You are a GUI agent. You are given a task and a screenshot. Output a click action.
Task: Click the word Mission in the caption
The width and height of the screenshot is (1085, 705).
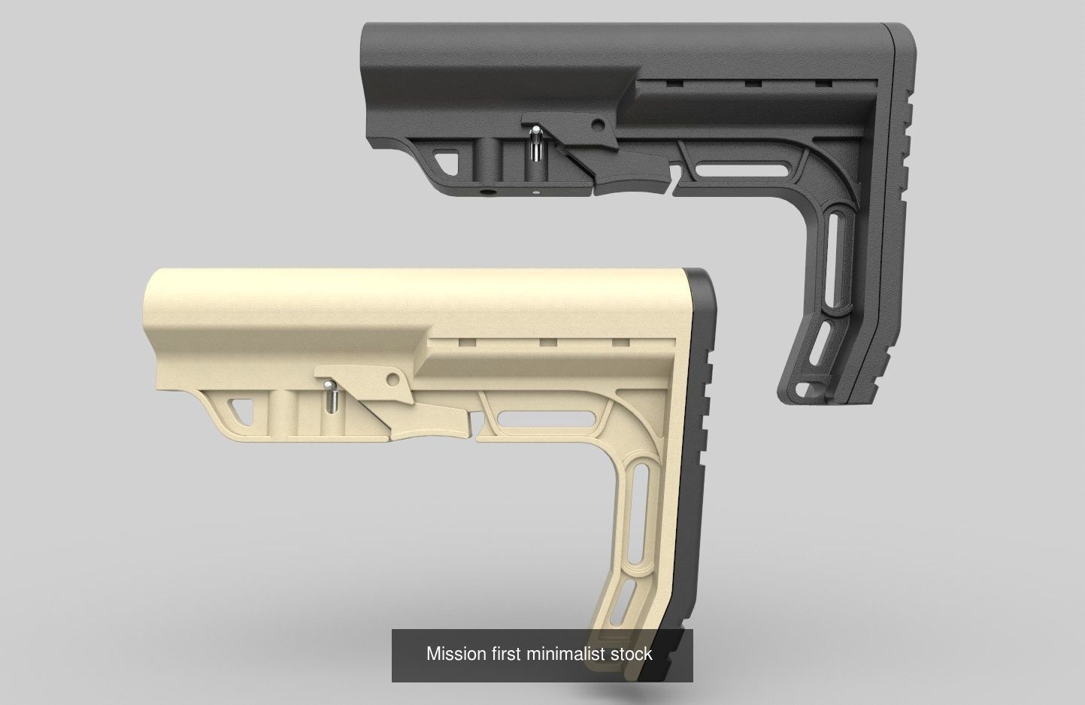(x=456, y=653)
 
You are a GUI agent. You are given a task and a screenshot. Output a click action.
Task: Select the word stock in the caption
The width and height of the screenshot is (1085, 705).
(x=632, y=653)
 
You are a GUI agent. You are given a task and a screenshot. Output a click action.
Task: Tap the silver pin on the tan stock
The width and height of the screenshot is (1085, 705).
(x=329, y=396)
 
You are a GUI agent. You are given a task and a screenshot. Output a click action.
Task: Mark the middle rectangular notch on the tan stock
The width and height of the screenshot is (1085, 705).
(x=547, y=342)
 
